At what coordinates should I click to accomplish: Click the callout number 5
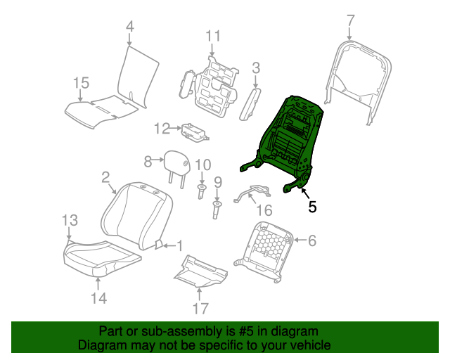[312, 207]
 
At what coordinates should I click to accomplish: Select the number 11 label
[213, 36]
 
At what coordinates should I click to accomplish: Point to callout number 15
[81, 83]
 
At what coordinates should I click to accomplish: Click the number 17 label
[200, 309]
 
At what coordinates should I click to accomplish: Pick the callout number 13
[70, 220]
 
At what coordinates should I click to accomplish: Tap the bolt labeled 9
[217, 210]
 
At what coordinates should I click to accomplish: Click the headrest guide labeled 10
[202, 191]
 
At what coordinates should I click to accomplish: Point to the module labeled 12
[195, 132]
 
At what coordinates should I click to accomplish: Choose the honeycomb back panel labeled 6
[264, 251]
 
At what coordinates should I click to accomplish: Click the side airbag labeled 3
[249, 104]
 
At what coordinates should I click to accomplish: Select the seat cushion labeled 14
[102, 257]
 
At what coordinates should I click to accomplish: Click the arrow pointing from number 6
[300, 240]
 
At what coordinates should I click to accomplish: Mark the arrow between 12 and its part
[176, 129]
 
